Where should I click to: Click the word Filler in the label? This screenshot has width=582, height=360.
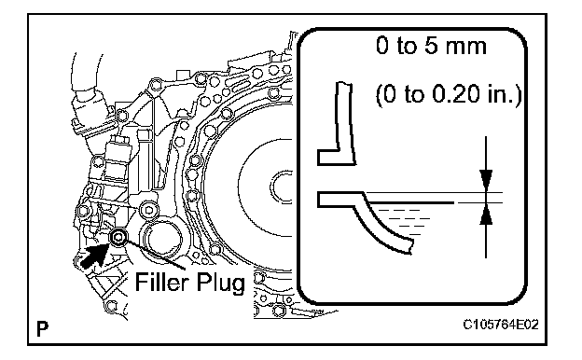(162, 282)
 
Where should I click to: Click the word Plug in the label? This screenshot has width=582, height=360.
(220, 284)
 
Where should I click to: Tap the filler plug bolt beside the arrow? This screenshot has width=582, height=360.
(118, 238)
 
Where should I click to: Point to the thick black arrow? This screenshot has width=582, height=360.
(94, 255)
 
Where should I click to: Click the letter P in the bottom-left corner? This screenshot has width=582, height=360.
(43, 328)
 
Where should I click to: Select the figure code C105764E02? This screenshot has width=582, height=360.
(501, 325)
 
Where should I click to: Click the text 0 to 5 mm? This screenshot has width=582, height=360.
(431, 46)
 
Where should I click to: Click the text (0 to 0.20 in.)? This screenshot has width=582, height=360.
(449, 94)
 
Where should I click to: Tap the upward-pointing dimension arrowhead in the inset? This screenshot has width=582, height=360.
(486, 215)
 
